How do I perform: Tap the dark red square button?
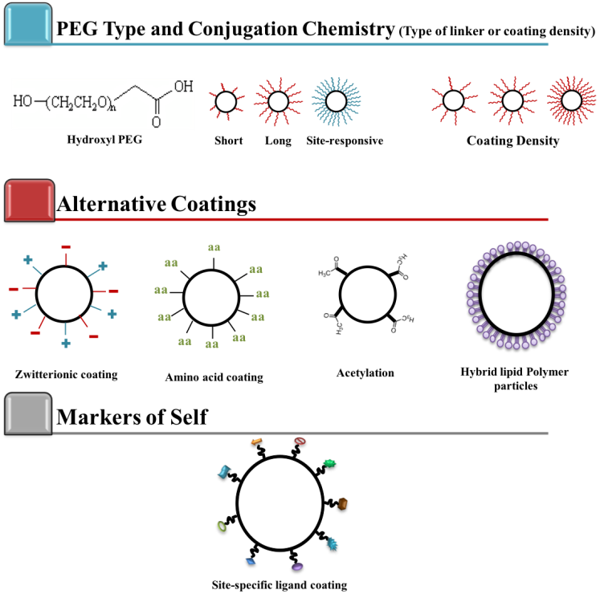tap(30, 200)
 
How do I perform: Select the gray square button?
tap(28, 413)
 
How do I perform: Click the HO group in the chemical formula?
tap(22, 102)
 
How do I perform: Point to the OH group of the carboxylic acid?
tap(183, 87)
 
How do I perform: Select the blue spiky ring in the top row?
tap(336, 102)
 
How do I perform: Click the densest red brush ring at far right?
tap(572, 100)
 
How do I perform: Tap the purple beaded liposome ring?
tap(516, 295)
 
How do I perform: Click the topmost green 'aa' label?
tap(214, 248)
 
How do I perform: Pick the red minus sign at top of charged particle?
tap(66, 247)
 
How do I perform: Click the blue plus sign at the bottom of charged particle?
tap(66, 344)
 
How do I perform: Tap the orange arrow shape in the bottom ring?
tap(257, 441)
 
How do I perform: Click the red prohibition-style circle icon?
tap(300, 441)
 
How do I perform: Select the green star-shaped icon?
tap(329, 463)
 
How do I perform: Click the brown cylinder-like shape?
tap(342, 503)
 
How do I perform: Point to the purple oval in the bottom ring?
tap(297, 567)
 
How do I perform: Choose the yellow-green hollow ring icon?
tap(222, 527)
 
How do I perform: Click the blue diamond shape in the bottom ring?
tap(251, 561)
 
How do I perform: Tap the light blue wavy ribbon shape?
tap(224, 472)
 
